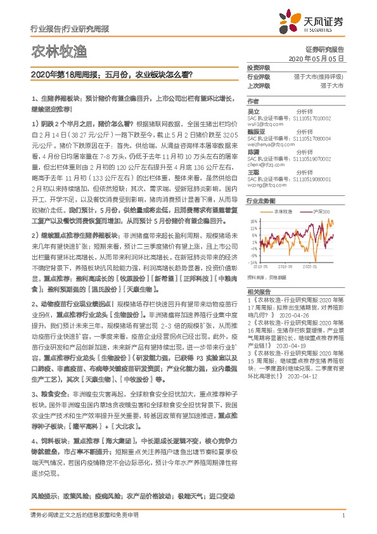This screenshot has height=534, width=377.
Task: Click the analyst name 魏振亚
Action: (x=256, y=132)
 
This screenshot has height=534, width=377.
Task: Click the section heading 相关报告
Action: (x=259, y=287)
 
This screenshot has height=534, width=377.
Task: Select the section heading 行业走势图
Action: (x=260, y=200)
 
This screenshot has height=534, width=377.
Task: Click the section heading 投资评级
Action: (x=258, y=67)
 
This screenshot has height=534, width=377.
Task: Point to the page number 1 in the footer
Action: (x=343, y=516)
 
